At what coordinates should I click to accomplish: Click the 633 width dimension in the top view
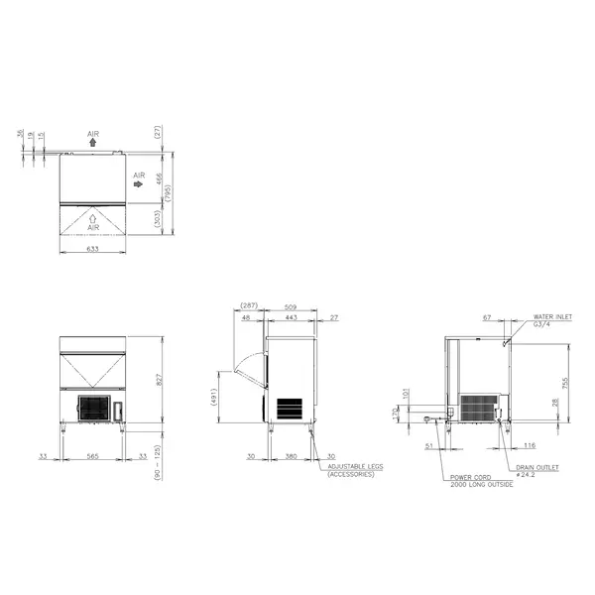pos(94,250)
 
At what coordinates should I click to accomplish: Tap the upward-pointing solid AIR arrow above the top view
pos(93,143)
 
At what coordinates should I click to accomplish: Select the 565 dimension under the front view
pos(93,457)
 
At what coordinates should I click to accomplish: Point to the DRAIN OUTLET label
pos(536,466)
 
